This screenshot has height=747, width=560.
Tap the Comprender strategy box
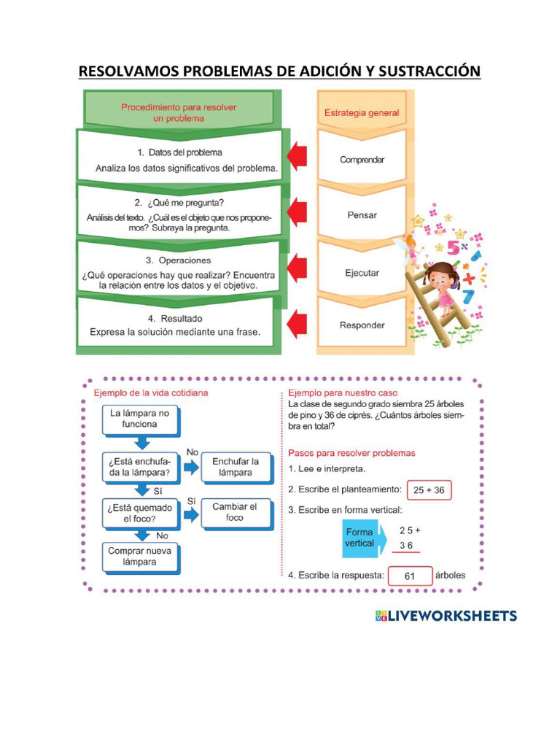coord(362,160)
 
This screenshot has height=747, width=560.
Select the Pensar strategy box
coord(362,215)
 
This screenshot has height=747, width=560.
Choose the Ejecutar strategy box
coord(362,272)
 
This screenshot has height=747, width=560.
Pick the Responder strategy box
coord(362,325)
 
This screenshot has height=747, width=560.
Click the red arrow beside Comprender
coord(296,156)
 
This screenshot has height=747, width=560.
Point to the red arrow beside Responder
coord(296,322)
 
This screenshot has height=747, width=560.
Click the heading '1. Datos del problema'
coord(179,152)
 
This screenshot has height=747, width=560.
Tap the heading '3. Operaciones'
coord(179,260)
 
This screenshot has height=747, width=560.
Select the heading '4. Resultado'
coord(175,319)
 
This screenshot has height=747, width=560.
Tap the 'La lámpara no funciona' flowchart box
coord(140,419)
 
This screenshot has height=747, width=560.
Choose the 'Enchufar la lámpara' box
coord(236,467)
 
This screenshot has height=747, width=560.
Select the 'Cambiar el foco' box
coord(235,512)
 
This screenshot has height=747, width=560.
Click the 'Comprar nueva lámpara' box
coord(140,557)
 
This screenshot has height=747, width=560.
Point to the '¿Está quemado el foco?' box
coord(140,513)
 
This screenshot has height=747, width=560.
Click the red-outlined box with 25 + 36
coord(429,490)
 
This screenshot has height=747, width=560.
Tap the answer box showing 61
coord(410,576)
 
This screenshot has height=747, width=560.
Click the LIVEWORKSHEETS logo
coord(446,616)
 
